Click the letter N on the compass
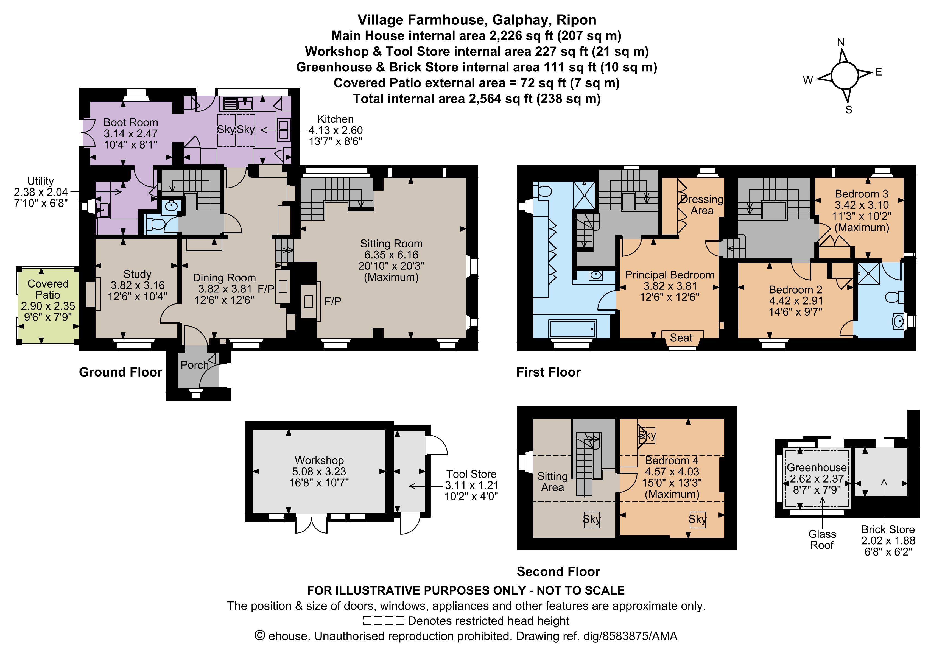(841, 42)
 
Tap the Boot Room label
(131, 122)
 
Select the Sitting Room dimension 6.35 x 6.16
(391, 255)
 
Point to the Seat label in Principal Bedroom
(681, 338)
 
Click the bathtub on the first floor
(572, 329)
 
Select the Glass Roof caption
(822, 540)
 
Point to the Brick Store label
(888, 529)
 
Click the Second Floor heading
(558, 571)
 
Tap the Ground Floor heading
(121, 372)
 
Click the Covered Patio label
(48, 289)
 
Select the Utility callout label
(41, 181)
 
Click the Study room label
(138, 274)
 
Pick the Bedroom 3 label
(862, 194)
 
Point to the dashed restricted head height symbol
(383, 621)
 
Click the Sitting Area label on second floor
(552, 481)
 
